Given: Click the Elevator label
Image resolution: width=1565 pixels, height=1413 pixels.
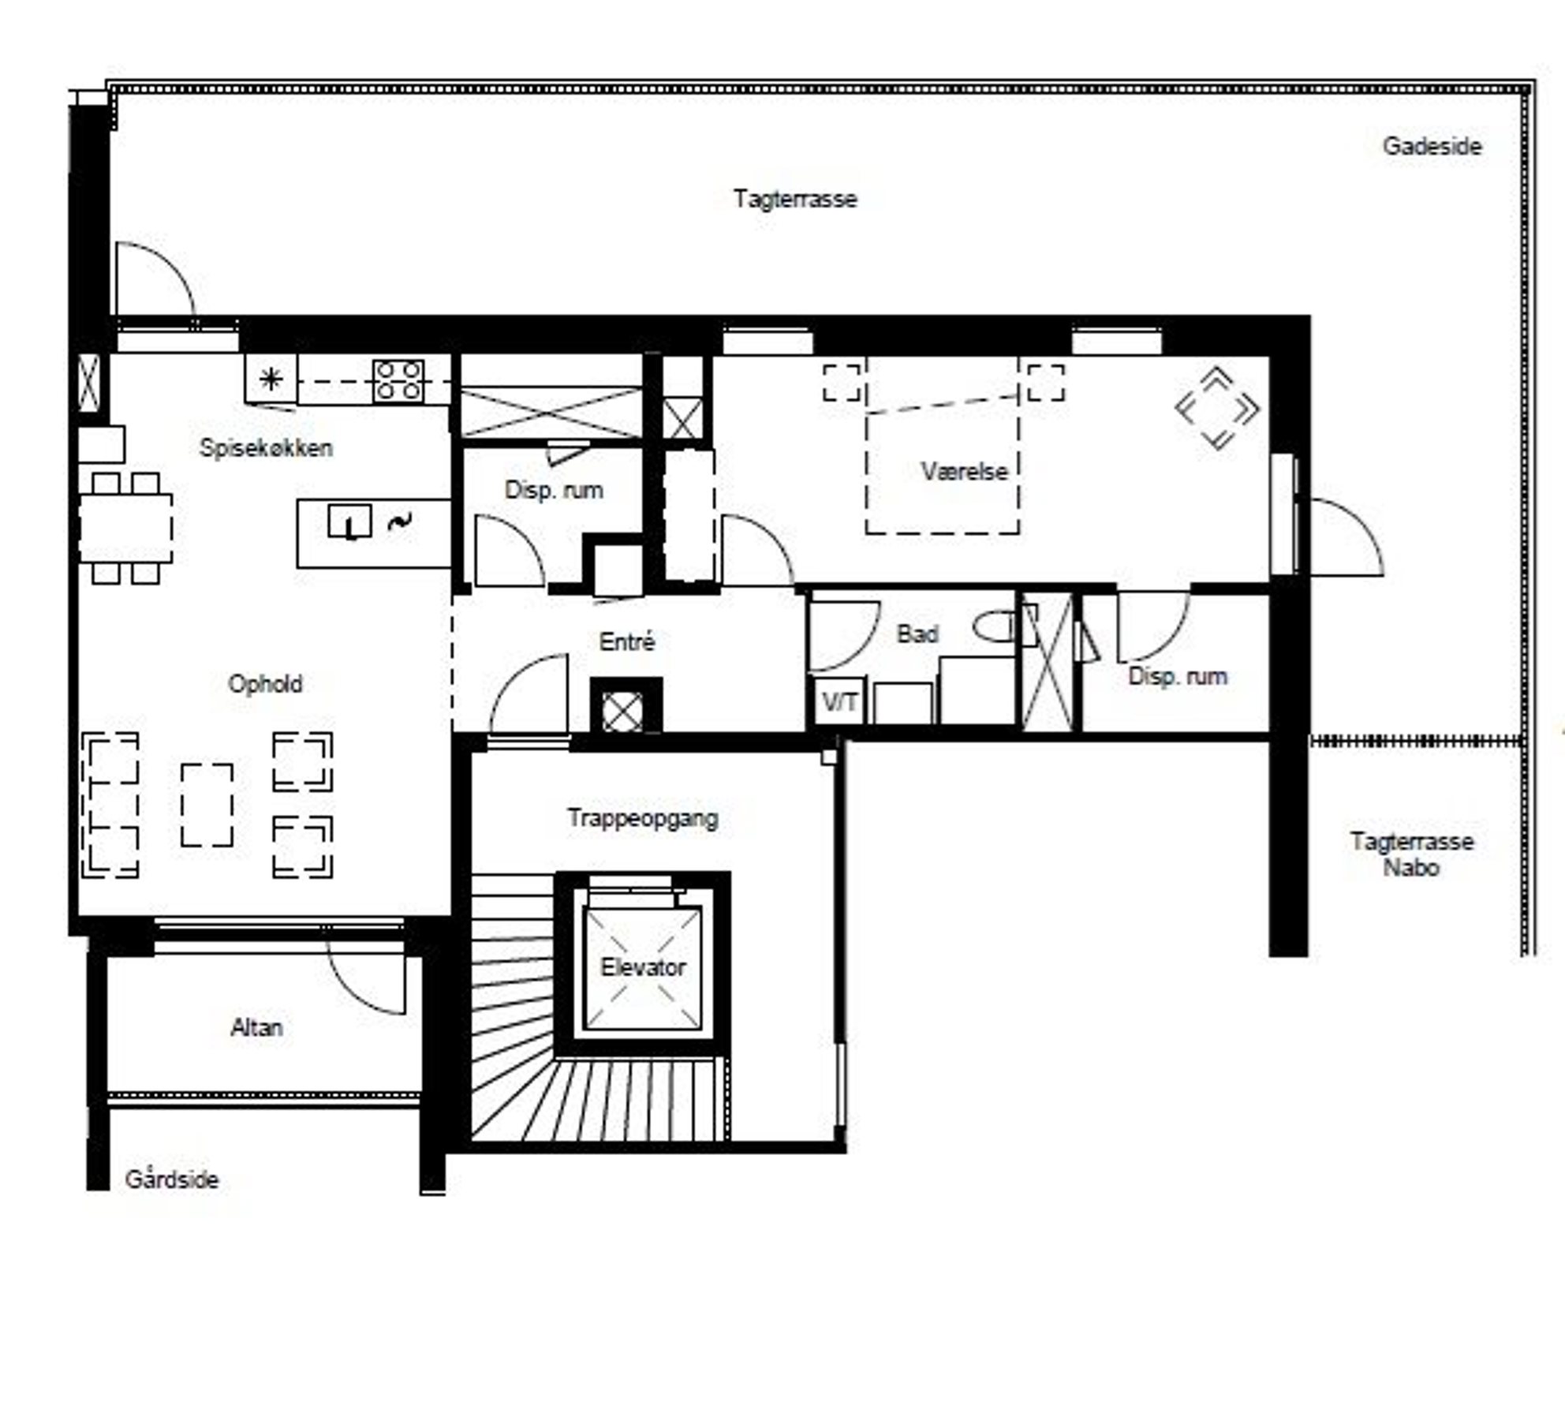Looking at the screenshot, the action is [x=643, y=967].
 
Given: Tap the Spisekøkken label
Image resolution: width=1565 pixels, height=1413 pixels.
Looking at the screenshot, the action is [x=266, y=448].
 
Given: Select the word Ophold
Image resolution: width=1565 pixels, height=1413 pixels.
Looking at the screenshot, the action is [x=265, y=683].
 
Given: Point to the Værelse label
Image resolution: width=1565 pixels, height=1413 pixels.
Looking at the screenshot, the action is [x=965, y=472].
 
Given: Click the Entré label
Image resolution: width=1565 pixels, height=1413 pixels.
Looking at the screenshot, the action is [x=627, y=641].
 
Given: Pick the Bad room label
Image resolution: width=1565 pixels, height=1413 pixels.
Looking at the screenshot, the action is [x=917, y=634].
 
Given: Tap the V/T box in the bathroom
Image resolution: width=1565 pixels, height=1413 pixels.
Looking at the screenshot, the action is [x=839, y=701].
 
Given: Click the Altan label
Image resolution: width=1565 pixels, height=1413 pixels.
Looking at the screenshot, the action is [x=256, y=1027].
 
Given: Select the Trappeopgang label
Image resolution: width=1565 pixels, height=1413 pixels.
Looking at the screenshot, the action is [x=643, y=818].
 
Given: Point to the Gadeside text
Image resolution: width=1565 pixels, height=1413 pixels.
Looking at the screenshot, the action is [x=1432, y=146].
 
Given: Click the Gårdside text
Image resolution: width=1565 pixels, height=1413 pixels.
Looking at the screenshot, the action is [x=171, y=1179].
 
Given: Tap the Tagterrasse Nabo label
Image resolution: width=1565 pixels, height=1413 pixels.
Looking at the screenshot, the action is [x=1411, y=854].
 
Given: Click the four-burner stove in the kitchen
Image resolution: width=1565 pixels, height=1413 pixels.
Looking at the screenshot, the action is [x=398, y=380].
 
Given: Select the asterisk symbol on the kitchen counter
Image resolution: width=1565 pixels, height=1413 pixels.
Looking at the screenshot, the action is [x=271, y=380].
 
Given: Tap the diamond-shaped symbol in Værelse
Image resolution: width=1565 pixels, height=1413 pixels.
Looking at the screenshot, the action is [x=1216, y=409].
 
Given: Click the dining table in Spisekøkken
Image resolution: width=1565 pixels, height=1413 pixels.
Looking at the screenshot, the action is [x=126, y=528].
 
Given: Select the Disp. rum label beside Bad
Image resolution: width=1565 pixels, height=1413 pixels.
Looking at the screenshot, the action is [x=1178, y=676].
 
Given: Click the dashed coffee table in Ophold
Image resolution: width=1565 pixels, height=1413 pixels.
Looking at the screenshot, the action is [x=207, y=805].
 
